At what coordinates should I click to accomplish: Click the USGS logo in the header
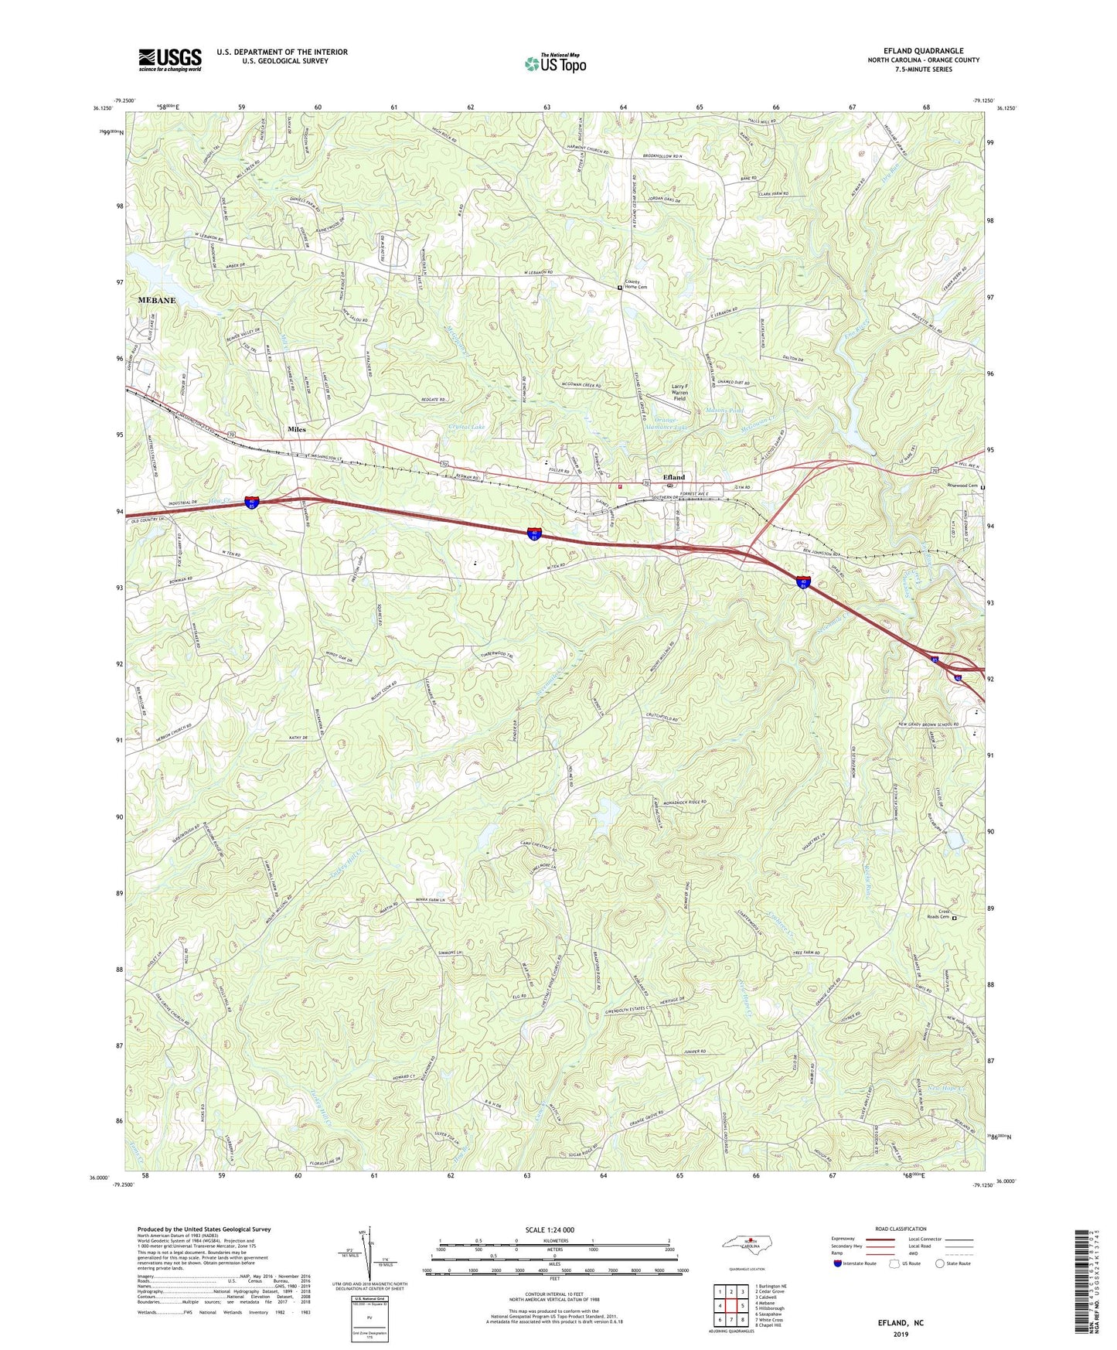(170, 60)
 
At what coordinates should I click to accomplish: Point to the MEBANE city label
(157, 300)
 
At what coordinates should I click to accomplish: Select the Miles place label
(297, 429)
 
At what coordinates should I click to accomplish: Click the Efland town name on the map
(673, 477)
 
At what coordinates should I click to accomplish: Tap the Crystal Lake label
(466, 427)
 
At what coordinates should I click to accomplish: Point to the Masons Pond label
(724, 411)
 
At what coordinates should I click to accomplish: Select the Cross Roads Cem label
(938, 914)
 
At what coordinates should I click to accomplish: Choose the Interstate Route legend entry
(855, 1263)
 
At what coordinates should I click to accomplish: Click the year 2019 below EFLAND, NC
(900, 1334)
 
